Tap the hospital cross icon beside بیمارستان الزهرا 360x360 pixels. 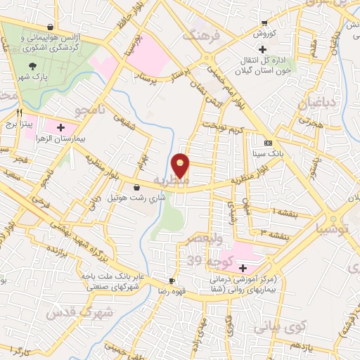point(60,127)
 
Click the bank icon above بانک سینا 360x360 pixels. point(266,142)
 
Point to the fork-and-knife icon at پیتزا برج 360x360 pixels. point(20,112)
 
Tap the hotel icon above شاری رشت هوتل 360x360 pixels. point(136,188)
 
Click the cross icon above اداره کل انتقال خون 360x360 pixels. point(262,50)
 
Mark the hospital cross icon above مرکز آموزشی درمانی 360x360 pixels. point(243,268)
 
